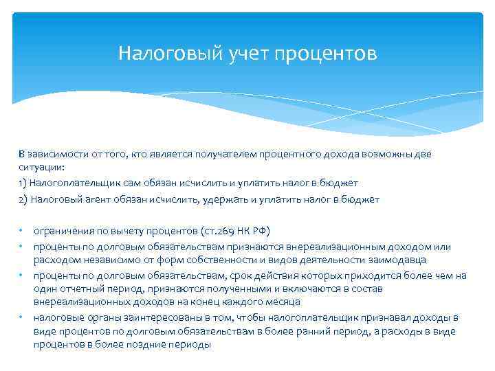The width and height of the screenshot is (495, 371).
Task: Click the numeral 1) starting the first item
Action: tap(23, 183)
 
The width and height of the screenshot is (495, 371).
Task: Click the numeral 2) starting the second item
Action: tap(23, 199)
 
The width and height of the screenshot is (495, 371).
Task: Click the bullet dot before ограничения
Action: tap(22, 229)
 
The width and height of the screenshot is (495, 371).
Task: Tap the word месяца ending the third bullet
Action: tap(283, 302)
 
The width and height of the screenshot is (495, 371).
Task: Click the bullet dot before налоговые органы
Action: tap(22, 317)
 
